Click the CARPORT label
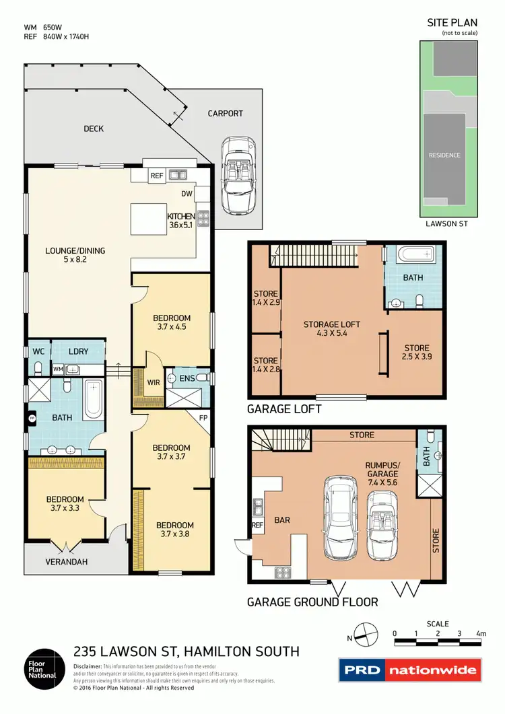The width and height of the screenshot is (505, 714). pos(225,114)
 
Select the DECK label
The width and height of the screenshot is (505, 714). pos(94,129)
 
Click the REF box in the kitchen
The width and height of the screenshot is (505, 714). pos(157,176)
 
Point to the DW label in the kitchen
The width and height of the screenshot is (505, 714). pos(187,194)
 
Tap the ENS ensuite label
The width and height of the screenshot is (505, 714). pos(187,379)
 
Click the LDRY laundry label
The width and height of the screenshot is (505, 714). pos(79,351)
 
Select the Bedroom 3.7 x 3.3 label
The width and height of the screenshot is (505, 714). pos(65,503)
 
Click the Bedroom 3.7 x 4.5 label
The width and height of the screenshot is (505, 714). pos(172,322)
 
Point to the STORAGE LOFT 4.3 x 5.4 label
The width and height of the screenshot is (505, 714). pos(332,328)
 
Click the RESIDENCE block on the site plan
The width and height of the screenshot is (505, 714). pos(444,155)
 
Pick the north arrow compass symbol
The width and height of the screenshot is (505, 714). pos(362,634)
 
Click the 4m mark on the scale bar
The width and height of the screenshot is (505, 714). pos(480,633)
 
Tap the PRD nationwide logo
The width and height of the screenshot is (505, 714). pos(410,670)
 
